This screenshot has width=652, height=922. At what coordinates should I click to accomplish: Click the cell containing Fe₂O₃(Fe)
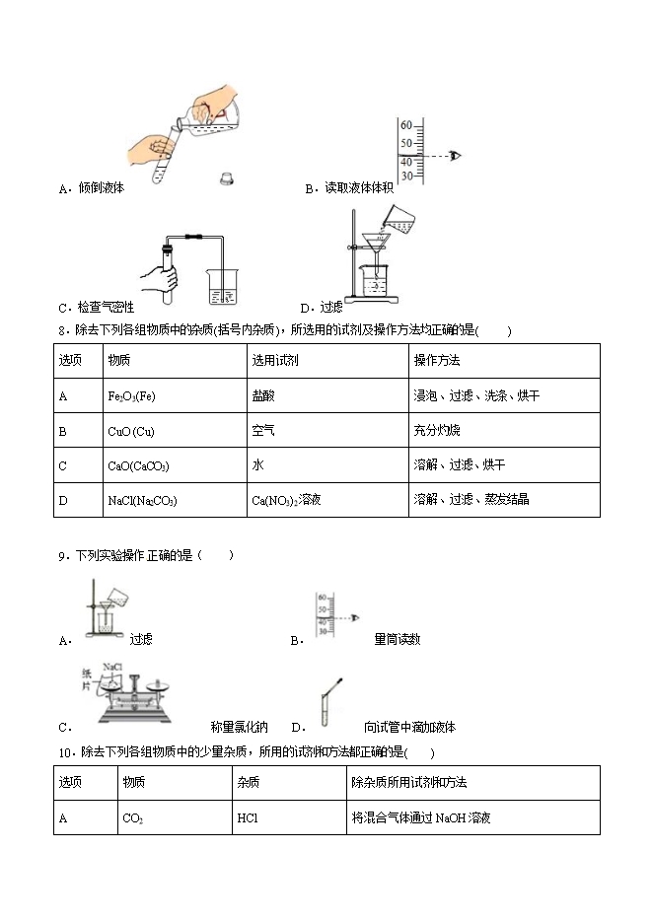pyautogui.click(x=131, y=395)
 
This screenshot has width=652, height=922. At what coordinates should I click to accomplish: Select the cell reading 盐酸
pyautogui.click(x=264, y=395)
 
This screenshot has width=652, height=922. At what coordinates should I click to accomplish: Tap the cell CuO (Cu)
pyautogui.click(x=131, y=430)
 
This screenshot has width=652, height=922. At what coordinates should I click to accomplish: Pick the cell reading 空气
pyautogui.click(x=264, y=430)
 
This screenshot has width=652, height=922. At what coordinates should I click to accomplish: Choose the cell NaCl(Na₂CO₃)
pyautogui.click(x=142, y=500)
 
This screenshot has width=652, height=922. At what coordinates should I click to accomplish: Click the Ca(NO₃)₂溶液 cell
pyautogui.click(x=286, y=500)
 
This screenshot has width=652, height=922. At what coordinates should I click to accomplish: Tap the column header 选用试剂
pyautogui.click(x=275, y=360)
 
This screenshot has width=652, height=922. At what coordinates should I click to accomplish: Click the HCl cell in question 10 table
pyautogui.click(x=247, y=817)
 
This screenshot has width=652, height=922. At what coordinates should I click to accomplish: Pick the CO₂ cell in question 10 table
pyautogui.click(x=133, y=817)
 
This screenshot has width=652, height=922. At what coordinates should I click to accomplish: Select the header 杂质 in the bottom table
pyautogui.click(x=248, y=782)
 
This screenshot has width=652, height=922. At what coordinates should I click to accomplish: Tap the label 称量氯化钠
pyautogui.click(x=239, y=728)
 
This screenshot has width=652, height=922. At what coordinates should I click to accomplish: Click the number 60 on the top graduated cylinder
pyautogui.click(x=405, y=125)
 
